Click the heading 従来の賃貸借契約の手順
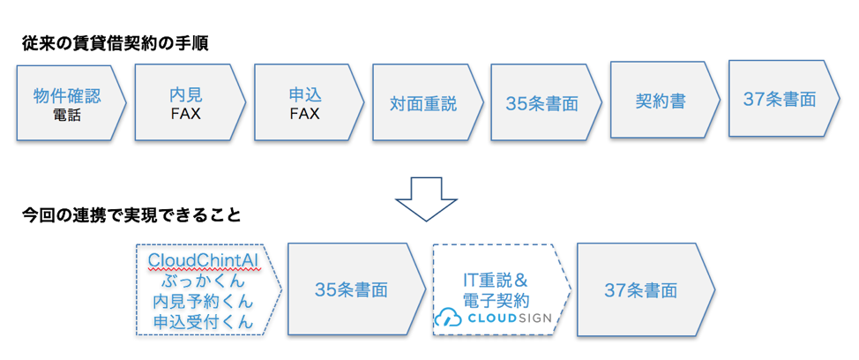pyautogui.click(x=115, y=43)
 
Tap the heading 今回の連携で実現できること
pyautogui.click(x=131, y=214)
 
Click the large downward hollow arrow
pyautogui.click(x=426, y=199)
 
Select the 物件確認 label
pyautogui.click(x=67, y=96)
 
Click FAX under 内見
pyautogui.click(x=186, y=115)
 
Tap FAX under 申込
pyautogui.click(x=304, y=115)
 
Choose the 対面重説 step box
pyautogui.click(x=429, y=102)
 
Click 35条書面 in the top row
pyautogui.click(x=542, y=103)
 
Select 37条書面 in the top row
pyautogui.click(x=780, y=99)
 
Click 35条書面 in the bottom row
pyautogui.click(x=351, y=290)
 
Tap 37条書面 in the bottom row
pyautogui.click(x=640, y=290)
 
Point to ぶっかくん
pyautogui.click(x=204, y=282)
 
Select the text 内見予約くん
pyautogui.click(x=204, y=303)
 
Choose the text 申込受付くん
pyautogui.click(x=204, y=323)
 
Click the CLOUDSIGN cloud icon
pyautogui.click(x=449, y=318)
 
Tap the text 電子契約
pyautogui.click(x=496, y=300)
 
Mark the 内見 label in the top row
pyautogui.click(x=186, y=95)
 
